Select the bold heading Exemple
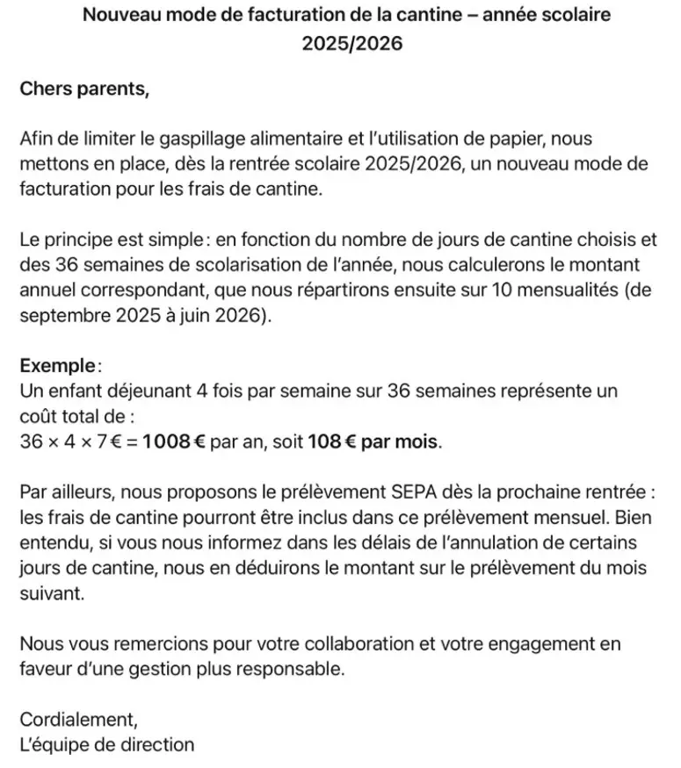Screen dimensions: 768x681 pyautogui.click(x=57, y=364)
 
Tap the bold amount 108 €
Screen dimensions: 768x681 pyautogui.click(x=330, y=440)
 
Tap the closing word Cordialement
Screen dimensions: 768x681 pyautogui.click(x=78, y=721)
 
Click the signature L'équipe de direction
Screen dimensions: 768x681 pyautogui.click(x=106, y=745)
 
